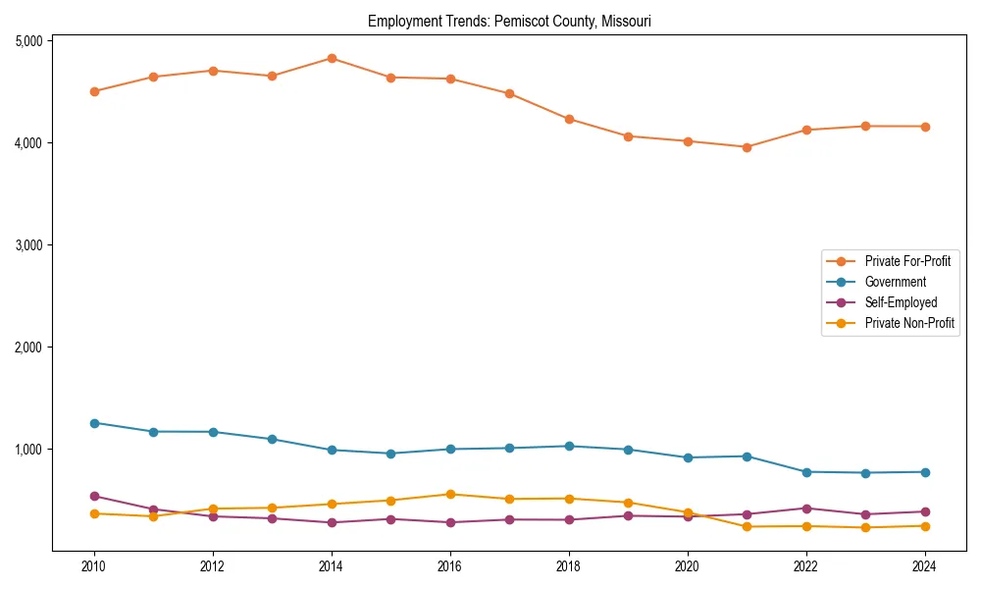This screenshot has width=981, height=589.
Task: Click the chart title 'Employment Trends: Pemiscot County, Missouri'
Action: tap(509, 21)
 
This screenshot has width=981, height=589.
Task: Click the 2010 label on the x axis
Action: tap(94, 566)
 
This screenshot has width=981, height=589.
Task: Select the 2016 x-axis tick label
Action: tap(449, 566)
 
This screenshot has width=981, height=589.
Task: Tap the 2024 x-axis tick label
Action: tap(924, 566)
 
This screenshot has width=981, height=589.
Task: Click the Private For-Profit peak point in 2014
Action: tap(332, 58)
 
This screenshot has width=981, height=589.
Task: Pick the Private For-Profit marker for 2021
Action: tap(747, 147)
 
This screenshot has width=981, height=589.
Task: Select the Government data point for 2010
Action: tap(94, 423)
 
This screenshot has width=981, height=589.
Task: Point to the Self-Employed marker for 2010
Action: tap(94, 496)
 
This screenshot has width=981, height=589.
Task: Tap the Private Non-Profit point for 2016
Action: tap(450, 494)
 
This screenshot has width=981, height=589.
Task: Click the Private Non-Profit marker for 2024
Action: tap(924, 526)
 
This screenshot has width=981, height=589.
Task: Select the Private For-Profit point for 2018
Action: tap(569, 119)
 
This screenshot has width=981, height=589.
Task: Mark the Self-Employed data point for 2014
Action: tap(332, 522)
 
